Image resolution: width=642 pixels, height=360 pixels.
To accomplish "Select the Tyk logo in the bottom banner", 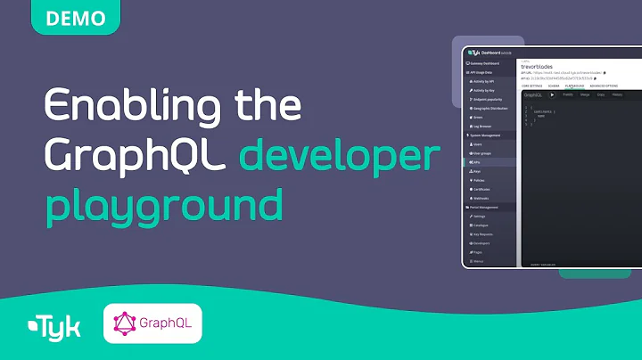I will pyautogui.click(x=54, y=326).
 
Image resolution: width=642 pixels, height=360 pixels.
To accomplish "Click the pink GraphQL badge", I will pyautogui.click(x=152, y=324).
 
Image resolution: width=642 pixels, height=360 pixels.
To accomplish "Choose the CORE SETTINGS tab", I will pyautogui.click(x=531, y=86).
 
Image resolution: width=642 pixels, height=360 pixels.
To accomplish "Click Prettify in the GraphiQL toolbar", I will pyautogui.click(x=568, y=94).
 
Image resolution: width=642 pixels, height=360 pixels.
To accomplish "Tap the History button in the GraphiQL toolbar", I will pyautogui.click(x=617, y=94).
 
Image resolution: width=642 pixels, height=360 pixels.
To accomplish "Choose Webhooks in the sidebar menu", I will pyautogui.click(x=484, y=198).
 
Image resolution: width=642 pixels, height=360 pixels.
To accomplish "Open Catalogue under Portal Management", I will pyautogui.click(x=481, y=225).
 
